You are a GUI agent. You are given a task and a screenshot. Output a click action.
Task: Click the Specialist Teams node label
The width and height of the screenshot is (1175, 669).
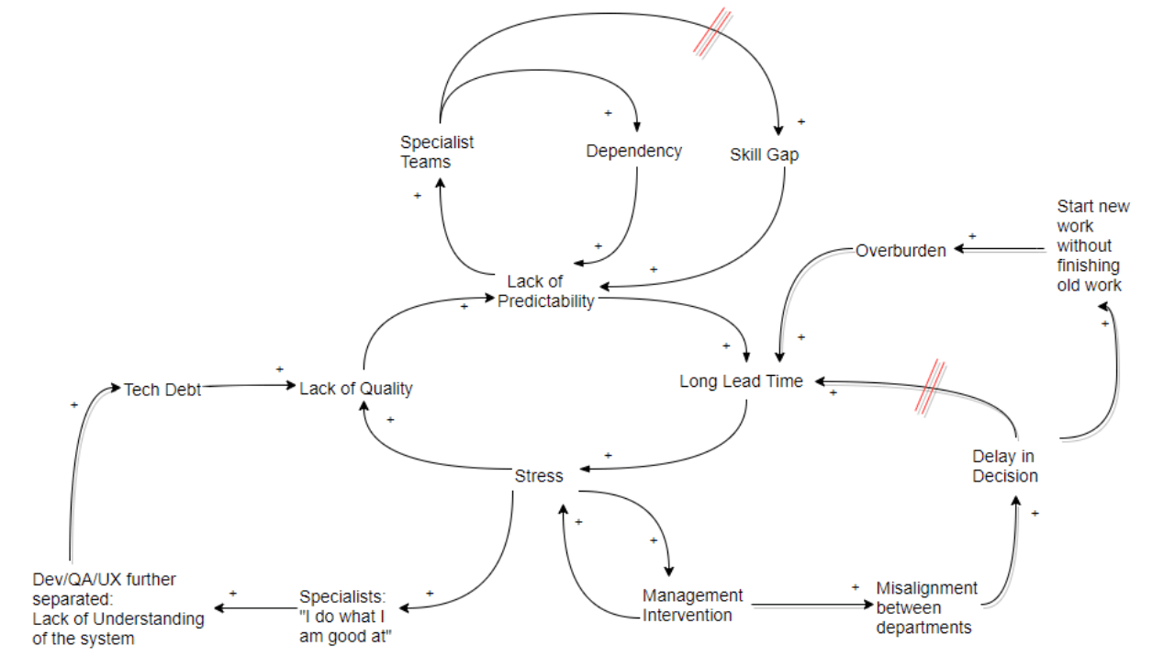(x=437, y=153)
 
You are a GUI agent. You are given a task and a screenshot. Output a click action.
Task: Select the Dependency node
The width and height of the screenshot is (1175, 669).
(x=633, y=151)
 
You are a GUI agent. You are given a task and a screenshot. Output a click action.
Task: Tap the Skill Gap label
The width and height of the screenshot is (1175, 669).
(x=764, y=154)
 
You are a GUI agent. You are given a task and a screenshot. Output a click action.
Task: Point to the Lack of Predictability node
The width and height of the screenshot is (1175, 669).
(x=546, y=291)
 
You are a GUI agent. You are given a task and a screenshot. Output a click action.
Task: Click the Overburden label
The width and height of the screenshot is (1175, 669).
(x=901, y=250)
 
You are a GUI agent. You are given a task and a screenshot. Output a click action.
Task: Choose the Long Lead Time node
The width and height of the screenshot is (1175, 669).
(x=741, y=380)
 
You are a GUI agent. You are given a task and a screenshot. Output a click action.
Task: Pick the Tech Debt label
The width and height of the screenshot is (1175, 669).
(x=162, y=390)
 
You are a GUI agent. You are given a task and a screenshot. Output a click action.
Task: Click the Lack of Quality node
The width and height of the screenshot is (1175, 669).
(x=356, y=389)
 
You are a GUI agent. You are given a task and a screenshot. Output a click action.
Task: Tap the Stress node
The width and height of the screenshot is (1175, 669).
(x=539, y=476)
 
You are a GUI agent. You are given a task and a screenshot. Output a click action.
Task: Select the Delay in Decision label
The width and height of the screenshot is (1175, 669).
(x=1005, y=467)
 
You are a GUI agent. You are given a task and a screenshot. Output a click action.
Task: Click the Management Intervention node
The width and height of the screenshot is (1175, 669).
(x=692, y=606)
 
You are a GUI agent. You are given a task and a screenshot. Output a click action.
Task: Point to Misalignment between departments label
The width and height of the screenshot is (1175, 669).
(x=926, y=607)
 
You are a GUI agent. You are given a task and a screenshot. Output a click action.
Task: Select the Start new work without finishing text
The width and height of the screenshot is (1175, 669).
(x=1092, y=245)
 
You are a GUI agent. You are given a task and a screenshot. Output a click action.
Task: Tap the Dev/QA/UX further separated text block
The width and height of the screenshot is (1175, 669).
(x=117, y=608)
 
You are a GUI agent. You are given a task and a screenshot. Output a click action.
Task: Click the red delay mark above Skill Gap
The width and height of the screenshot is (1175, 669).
(x=712, y=34)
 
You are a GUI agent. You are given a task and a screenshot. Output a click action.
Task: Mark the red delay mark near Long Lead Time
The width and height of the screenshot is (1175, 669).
(x=934, y=386)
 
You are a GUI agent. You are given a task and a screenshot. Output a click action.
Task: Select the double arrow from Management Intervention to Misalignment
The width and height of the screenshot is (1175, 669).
(x=810, y=606)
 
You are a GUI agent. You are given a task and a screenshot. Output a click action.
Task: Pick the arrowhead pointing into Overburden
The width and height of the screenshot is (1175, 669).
(x=957, y=248)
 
